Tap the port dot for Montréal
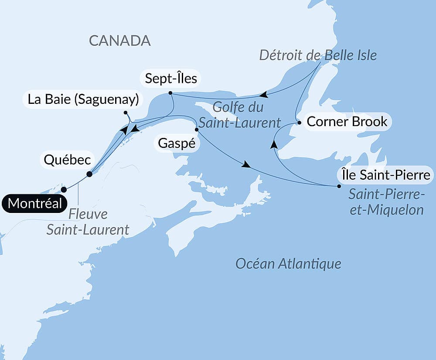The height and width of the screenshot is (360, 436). (x=64, y=189)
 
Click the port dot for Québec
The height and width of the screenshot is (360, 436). (x=89, y=174)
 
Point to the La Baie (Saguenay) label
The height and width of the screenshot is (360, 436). (x=83, y=99)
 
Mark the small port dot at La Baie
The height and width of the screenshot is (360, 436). (x=126, y=113)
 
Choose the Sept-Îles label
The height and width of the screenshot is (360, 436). (x=170, y=79)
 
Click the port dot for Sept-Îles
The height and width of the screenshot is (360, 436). (x=170, y=93)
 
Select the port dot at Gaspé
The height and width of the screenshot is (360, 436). (x=197, y=130)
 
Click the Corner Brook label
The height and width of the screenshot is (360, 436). (x=347, y=121)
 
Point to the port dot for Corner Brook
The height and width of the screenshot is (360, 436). (x=299, y=123)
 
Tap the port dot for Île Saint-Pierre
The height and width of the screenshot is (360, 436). (x=339, y=186)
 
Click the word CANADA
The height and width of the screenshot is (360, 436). (x=120, y=41)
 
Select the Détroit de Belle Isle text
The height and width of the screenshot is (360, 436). (x=318, y=55)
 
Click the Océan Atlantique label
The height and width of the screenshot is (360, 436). (x=288, y=264)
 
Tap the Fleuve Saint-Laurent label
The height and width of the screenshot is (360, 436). (x=88, y=222)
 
